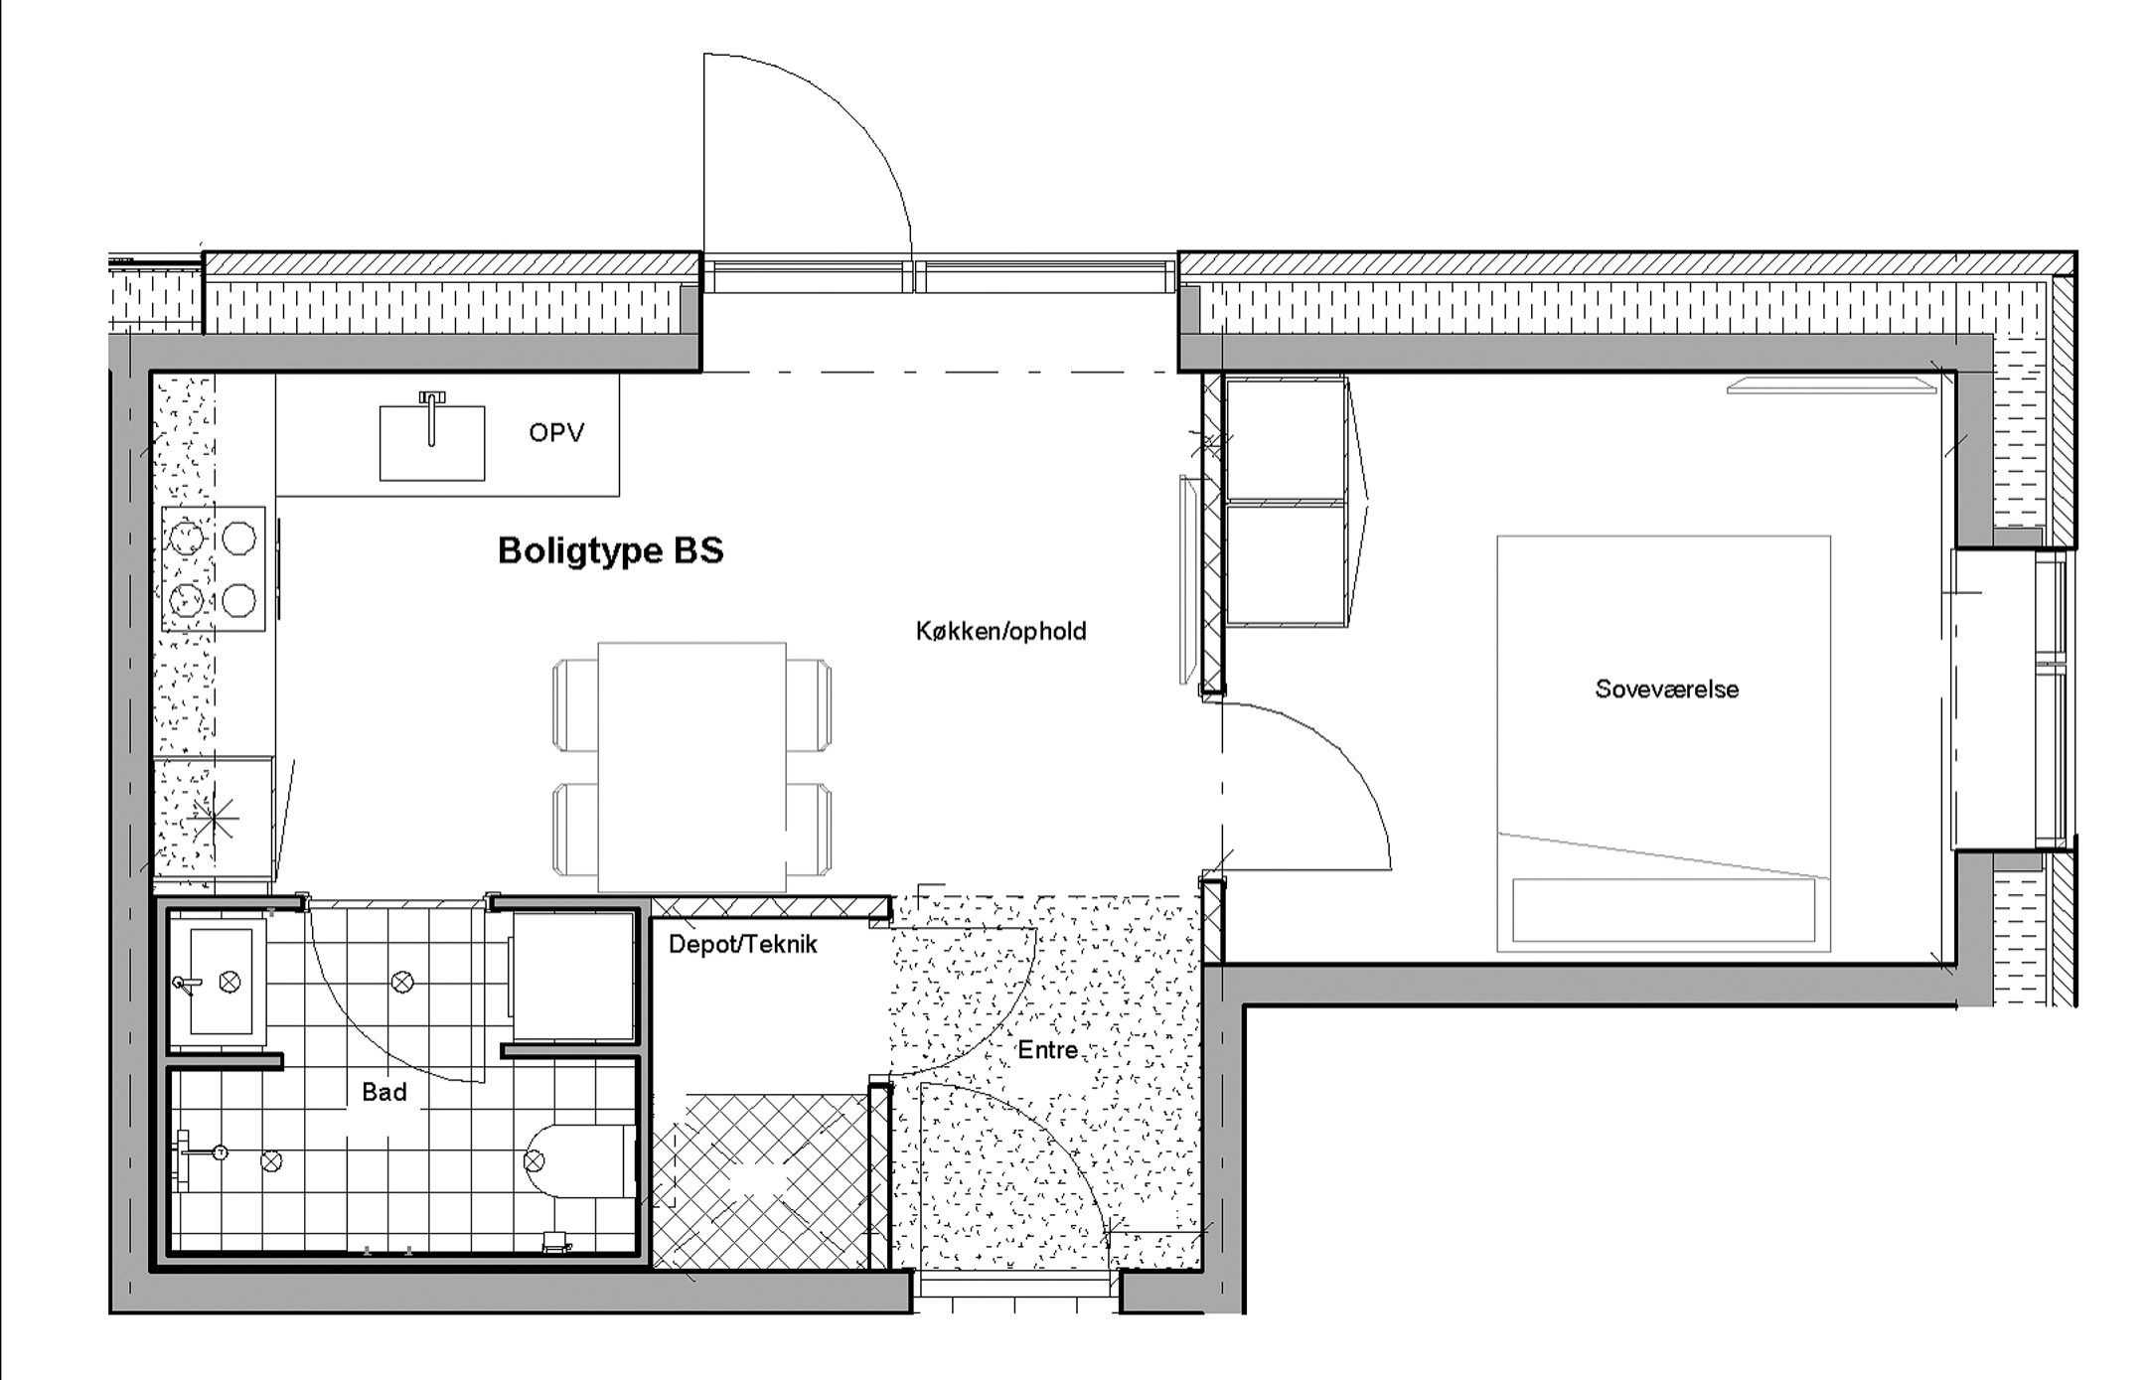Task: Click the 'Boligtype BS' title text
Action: click(610, 550)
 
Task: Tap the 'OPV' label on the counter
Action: click(556, 433)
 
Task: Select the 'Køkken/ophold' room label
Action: click(1000, 631)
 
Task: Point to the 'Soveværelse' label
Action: click(1667, 690)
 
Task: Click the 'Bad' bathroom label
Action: click(384, 1092)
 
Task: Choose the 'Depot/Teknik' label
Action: click(742, 944)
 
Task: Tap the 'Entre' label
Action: click(1047, 1050)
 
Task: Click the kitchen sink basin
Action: click(432, 442)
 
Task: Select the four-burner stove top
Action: click(214, 568)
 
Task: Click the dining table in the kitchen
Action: click(691, 767)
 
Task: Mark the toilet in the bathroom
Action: click(579, 1160)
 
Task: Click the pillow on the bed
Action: click(1663, 909)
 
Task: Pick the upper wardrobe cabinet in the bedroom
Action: click(1286, 439)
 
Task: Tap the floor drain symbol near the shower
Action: click(271, 1160)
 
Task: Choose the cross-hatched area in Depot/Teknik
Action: click(761, 1182)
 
